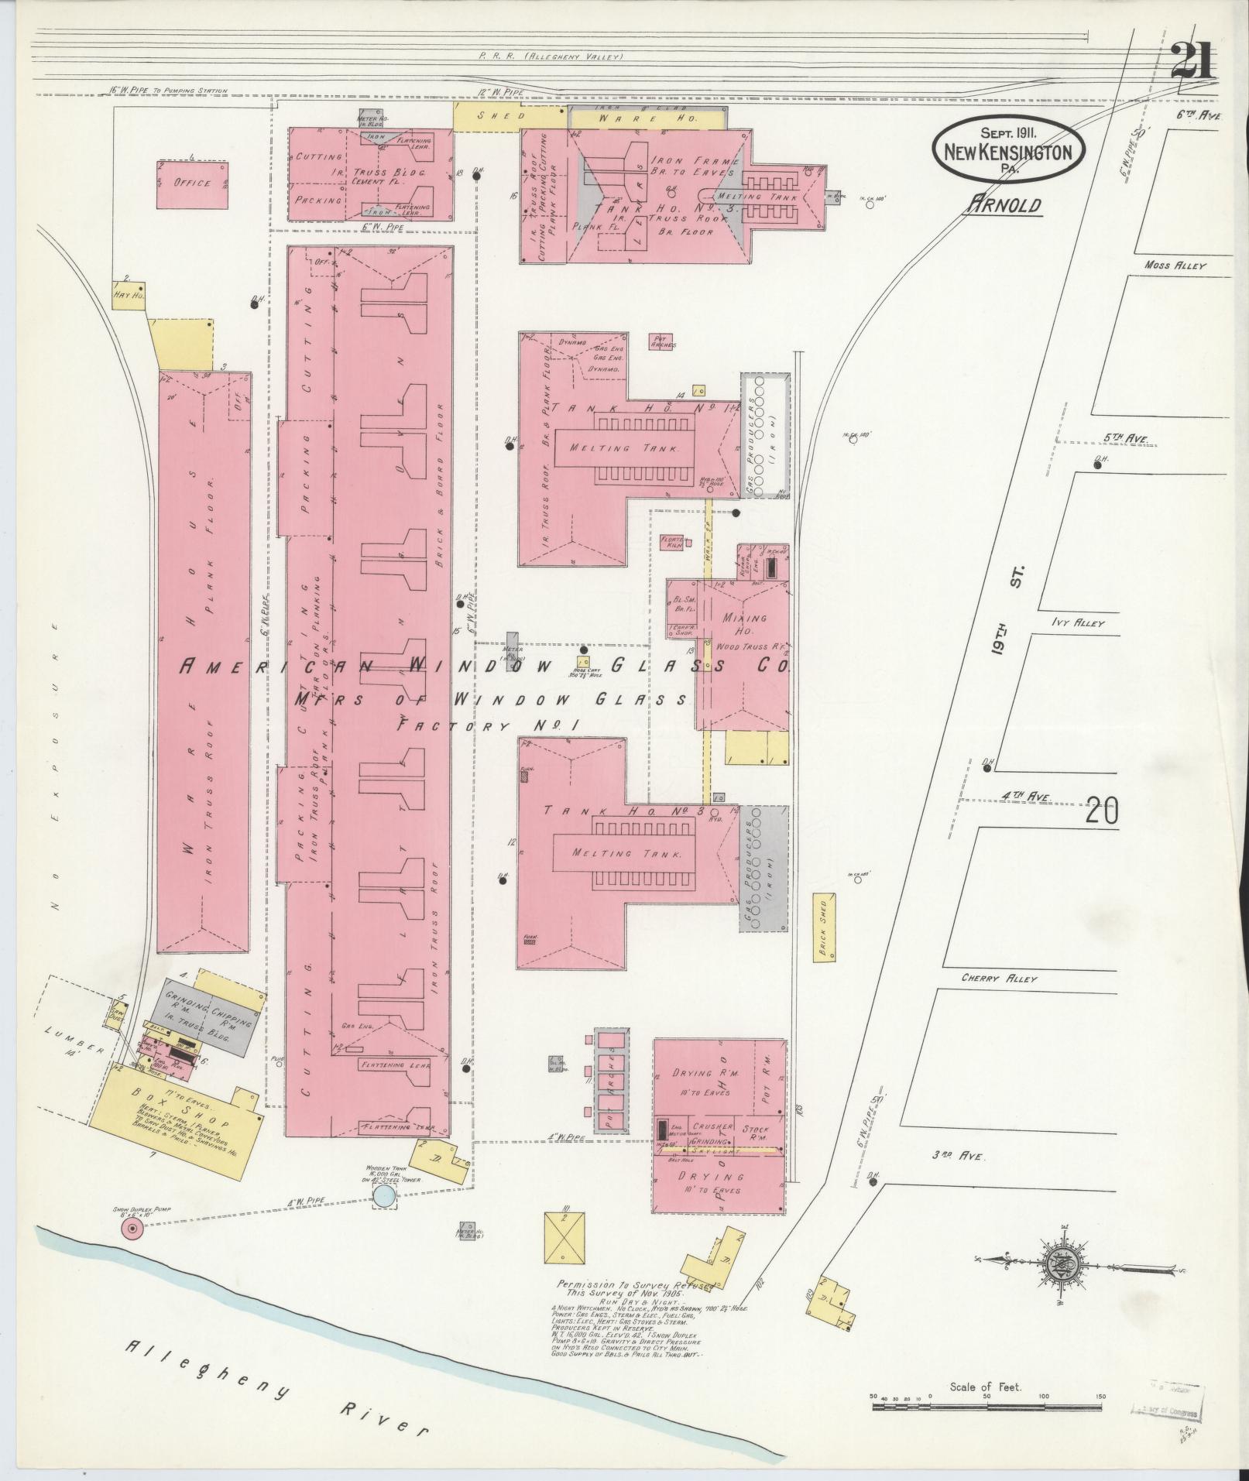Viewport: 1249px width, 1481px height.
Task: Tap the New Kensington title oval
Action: coord(1008,151)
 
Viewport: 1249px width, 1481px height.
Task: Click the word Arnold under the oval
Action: coord(1004,205)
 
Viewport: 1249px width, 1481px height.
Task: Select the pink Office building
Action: coord(192,184)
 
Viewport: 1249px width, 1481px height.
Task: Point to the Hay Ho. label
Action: coord(124,294)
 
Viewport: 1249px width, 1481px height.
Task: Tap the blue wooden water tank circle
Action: coord(383,1218)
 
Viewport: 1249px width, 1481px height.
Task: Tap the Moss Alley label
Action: coord(1175,266)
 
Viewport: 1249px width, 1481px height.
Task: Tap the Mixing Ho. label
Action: coord(743,625)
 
